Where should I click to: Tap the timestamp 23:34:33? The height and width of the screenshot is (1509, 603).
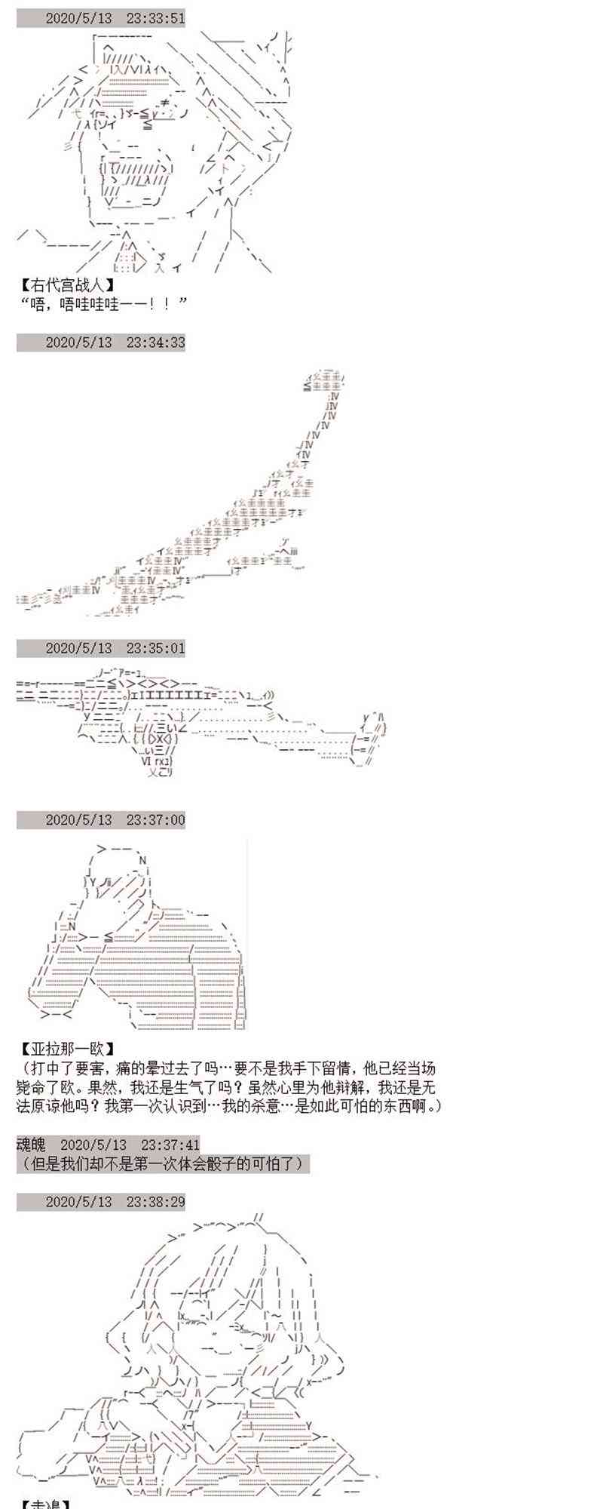(x=155, y=343)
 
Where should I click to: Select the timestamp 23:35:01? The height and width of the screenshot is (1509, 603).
(x=155, y=648)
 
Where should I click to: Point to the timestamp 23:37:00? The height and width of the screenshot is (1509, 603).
(x=155, y=819)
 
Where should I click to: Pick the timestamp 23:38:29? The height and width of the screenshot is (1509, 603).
(x=155, y=1201)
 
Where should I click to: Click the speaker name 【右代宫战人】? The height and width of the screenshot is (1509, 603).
(x=69, y=285)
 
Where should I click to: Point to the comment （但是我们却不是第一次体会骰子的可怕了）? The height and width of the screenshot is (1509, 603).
(x=163, y=1163)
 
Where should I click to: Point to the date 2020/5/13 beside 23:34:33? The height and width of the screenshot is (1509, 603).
(x=78, y=343)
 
